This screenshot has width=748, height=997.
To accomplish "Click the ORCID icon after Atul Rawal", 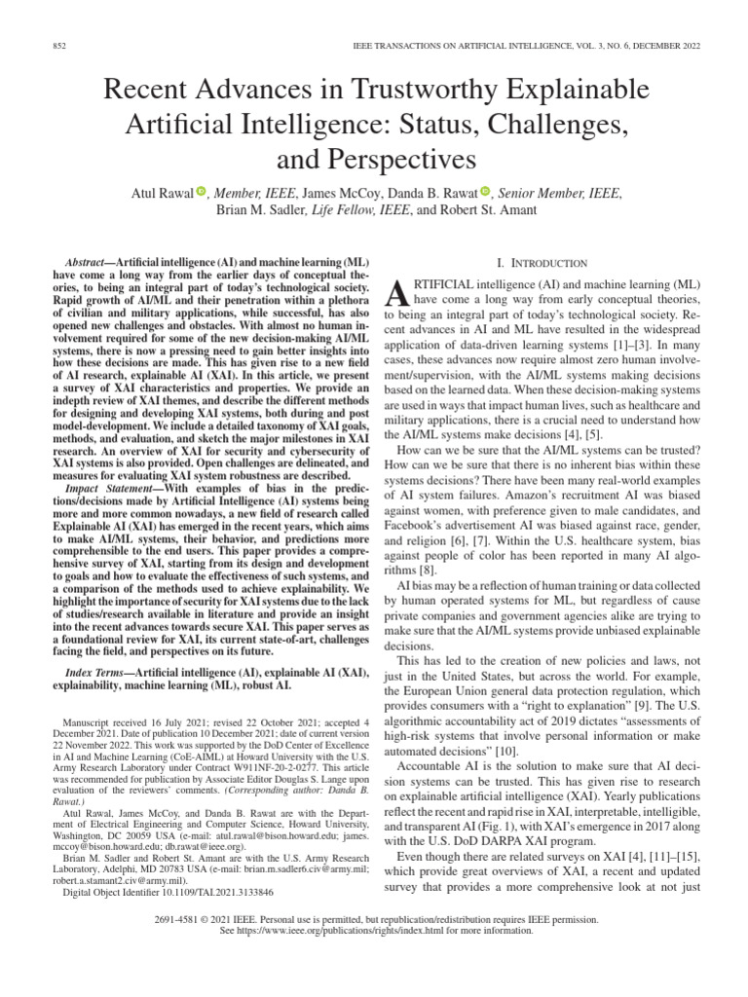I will [x=202, y=193].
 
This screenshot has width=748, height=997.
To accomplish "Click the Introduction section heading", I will [x=542, y=263].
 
